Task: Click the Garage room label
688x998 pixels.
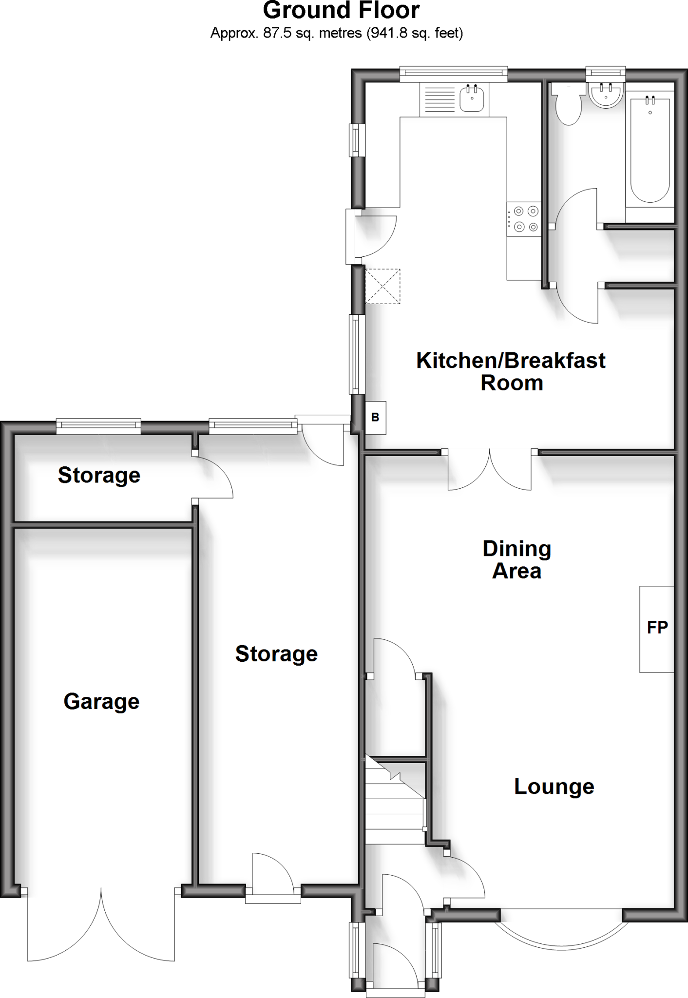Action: click(101, 702)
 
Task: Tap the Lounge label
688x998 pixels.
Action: click(554, 787)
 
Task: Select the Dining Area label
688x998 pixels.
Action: click(516, 560)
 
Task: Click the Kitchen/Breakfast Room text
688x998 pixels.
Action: click(511, 371)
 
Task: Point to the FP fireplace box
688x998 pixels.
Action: click(657, 629)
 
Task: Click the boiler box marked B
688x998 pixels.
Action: click(376, 418)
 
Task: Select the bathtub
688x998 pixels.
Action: click(650, 149)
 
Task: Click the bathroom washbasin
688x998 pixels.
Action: click(606, 94)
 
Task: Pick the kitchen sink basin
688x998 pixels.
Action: click(471, 98)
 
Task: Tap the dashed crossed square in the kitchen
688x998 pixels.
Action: click(382, 286)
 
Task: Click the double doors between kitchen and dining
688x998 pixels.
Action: click(490, 471)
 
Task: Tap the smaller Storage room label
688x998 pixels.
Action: click(99, 475)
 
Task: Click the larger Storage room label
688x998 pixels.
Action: click(276, 654)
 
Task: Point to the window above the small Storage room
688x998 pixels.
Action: click(99, 427)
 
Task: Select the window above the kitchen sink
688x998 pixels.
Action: click(454, 74)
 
